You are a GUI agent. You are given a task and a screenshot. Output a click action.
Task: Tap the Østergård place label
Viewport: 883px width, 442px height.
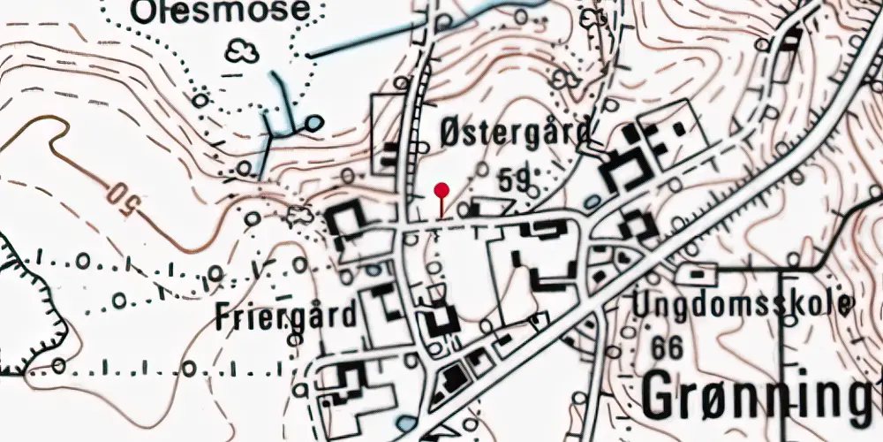pyautogui.click(x=514, y=134)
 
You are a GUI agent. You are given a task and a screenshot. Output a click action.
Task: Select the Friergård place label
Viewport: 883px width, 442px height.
pyautogui.click(x=287, y=316)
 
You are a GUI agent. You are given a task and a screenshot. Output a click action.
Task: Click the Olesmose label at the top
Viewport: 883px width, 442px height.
pyautogui.click(x=221, y=11)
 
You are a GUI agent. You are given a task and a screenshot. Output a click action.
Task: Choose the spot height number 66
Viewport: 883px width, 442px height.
pyautogui.click(x=667, y=348)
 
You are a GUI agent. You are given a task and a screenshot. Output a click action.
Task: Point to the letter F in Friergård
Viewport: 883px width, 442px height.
pyautogui.click(x=223, y=316)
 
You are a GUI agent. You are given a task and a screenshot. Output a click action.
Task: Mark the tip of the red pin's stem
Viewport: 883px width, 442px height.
pyautogui.click(x=441, y=217)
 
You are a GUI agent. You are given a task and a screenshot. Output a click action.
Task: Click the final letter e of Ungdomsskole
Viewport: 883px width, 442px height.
pyautogui.click(x=845, y=306)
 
